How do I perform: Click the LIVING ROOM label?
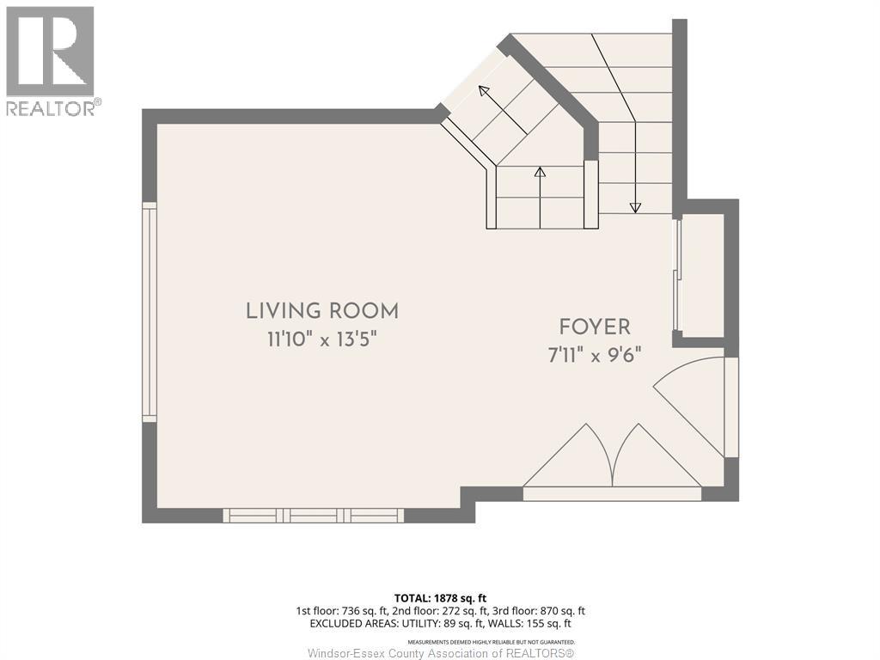click(322, 311)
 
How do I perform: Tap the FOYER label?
click(595, 327)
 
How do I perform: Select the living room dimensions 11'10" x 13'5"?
click(321, 339)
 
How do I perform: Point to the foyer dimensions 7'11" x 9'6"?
click(595, 355)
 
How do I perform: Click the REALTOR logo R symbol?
click(50, 51)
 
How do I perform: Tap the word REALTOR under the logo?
click(51, 108)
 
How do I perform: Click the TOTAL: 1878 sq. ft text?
click(440, 598)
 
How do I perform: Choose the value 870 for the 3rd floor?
click(548, 611)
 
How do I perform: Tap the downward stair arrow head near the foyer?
click(635, 207)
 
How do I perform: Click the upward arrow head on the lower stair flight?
click(540, 172)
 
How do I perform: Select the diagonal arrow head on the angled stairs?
click(484, 91)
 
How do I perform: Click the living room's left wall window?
click(150, 312)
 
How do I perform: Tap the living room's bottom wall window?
click(313, 516)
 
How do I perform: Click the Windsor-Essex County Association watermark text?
click(441, 653)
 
